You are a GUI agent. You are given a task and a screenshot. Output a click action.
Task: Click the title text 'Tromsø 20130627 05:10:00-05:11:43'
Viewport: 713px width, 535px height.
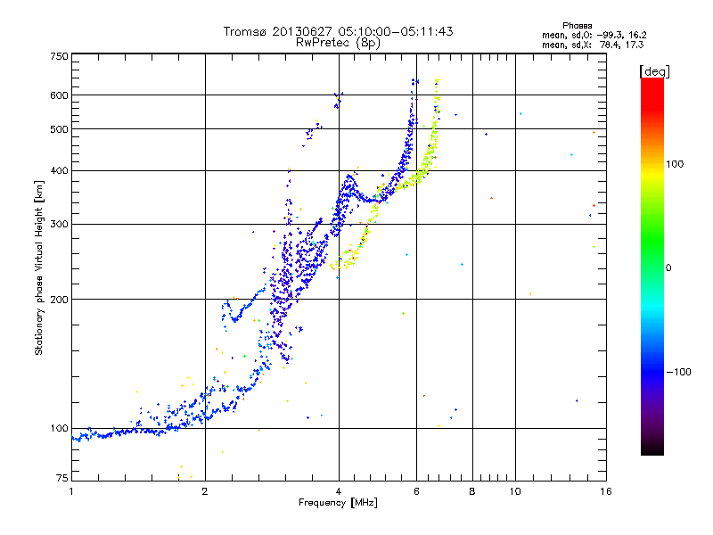[338, 31]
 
